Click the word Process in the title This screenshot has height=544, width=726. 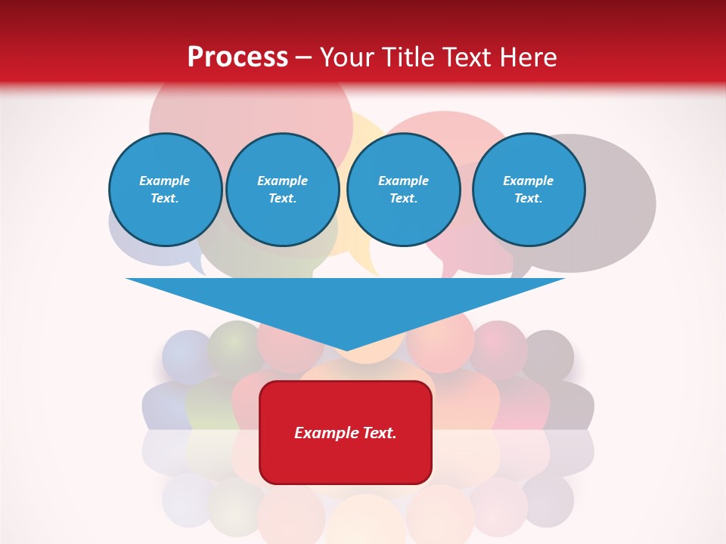tap(237, 57)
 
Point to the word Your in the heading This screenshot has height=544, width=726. tap(347, 57)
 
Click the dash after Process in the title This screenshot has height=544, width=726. tap(303, 58)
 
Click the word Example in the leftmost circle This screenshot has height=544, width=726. tap(165, 181)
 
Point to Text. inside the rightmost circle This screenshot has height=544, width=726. tap(528, 198)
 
